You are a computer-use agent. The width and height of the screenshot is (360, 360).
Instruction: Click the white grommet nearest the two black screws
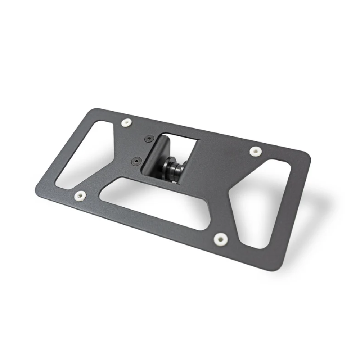coord(126,123)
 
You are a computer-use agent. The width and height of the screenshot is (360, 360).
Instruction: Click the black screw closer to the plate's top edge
coord(149,139)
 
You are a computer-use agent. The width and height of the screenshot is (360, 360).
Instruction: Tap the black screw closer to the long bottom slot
coord(136,161)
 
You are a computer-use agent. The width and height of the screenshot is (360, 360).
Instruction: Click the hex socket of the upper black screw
coord(149,139)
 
